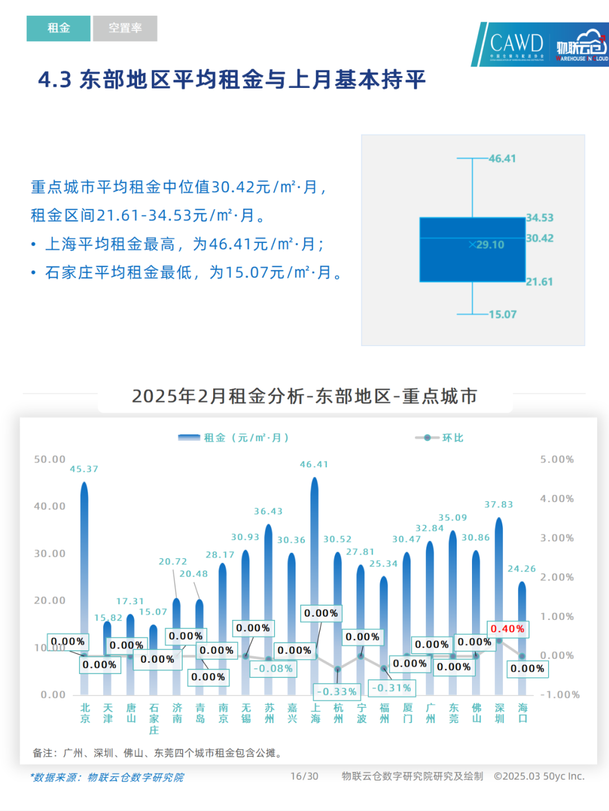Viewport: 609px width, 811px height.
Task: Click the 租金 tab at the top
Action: click(58, 28)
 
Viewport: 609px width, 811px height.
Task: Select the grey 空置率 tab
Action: click(125, 28)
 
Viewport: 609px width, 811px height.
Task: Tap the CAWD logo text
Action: click(516, 43)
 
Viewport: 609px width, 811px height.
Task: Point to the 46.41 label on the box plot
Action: click(502, 158)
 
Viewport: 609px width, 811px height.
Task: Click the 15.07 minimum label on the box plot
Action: click(502, 314)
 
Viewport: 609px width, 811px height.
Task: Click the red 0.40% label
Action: click(507, 629)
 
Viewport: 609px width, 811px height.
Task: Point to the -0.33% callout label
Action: click(337, 692)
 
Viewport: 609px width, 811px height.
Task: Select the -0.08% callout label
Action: click(273, 668)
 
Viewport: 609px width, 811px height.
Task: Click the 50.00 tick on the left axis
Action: click(50, 459)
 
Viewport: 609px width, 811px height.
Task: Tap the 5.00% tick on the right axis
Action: click(557, 459)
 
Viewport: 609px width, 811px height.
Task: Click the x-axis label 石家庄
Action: click(154, 719)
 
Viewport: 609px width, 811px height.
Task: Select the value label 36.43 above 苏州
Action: click(268, 511)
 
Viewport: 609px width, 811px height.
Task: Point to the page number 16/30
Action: click(304, 776)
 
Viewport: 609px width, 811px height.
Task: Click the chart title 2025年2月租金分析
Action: click(304, 396)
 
